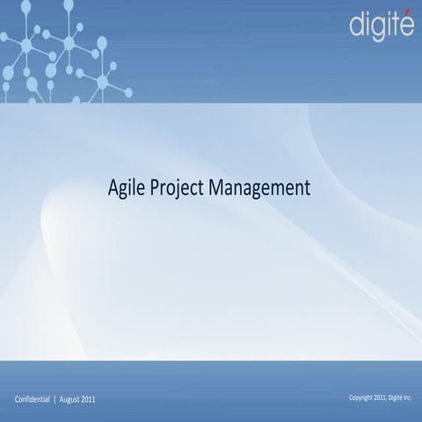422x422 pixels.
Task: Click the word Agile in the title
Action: point(123,188)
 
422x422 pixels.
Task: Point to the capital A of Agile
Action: point(112,187)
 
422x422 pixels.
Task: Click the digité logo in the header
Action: point(381,25)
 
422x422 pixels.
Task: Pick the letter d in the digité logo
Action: point(357,25)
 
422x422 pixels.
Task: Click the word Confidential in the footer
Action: point(33,400)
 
